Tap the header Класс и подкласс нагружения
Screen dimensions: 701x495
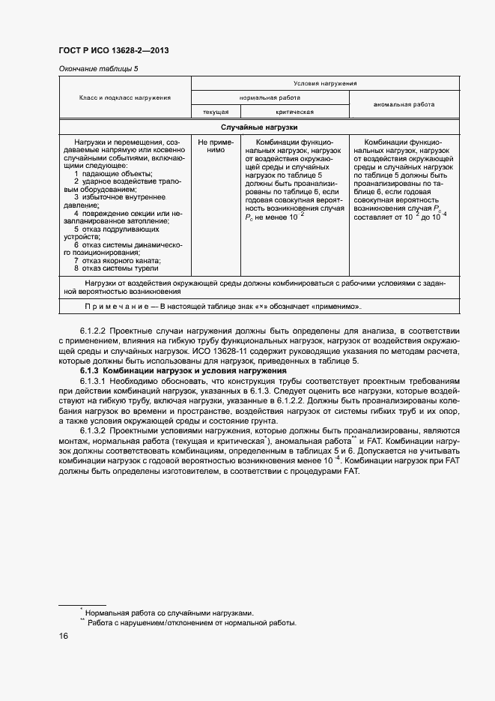[125, 97]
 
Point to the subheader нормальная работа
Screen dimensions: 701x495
[270, 97]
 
